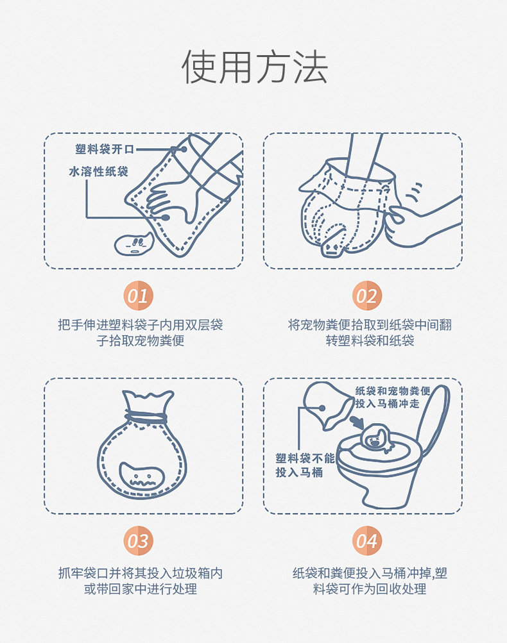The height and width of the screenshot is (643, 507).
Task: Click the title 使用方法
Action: point(254,67)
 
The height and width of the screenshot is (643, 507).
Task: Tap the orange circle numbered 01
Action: point(138,296)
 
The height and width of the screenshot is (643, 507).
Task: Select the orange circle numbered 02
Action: point(367,296)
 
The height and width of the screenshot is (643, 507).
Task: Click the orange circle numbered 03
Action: point(138,540)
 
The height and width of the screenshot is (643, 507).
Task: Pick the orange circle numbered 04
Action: point(367,540)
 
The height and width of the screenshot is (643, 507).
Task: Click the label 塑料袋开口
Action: point(105,149)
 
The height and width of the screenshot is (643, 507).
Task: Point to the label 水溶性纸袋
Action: point(99,171)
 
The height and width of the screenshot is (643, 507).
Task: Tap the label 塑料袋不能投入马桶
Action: point(305,465)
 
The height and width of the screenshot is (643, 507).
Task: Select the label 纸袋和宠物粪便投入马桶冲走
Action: point(393,397)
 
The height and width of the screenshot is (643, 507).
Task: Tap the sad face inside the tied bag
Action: point(142,476)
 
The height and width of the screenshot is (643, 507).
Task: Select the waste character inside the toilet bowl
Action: point(377,438)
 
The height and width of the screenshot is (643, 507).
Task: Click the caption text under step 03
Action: point(141,581)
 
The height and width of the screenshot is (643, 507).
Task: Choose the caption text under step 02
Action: point(370,333)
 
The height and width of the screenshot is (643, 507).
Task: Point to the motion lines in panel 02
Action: point(414,192)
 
